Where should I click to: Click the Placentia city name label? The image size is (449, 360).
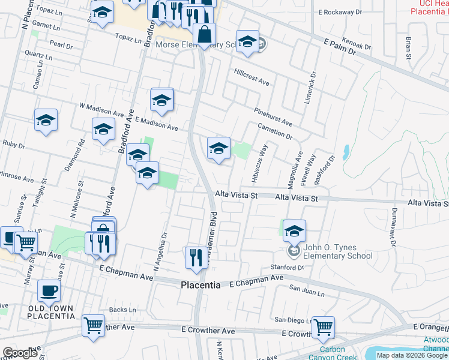[200, 286]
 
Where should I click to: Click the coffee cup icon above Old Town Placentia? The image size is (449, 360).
[49, 291]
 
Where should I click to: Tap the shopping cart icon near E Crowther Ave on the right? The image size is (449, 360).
[322, 328]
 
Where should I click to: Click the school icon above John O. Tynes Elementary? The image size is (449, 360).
[294, 230]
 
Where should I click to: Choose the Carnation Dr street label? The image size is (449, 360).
[274, 131]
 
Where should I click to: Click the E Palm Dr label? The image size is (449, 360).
[339, 47]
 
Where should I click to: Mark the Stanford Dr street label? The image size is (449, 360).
[288, 267]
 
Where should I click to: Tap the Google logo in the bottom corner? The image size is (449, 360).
[20, 353]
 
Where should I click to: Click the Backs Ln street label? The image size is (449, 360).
[124, 310]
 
